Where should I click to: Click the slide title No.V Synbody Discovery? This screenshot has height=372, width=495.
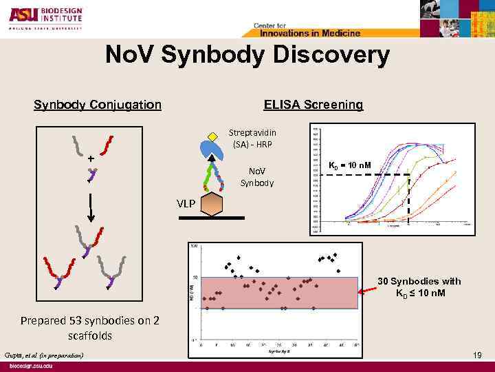point(247,55)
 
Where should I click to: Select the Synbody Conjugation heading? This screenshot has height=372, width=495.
point(98,105)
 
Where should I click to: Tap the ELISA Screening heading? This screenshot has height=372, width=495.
point(313,105)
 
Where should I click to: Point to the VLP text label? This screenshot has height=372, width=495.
point(186,204)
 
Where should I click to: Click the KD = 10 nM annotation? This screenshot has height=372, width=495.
point(350,165)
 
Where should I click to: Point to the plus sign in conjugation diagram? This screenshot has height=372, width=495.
point(91,158)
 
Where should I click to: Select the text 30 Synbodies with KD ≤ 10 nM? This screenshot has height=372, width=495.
point(419,287)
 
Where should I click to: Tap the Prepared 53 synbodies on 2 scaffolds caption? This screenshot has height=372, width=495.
point(90,329)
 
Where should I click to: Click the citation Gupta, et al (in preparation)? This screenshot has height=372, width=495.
point(43,354)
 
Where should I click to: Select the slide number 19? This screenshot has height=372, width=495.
point(478,354)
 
